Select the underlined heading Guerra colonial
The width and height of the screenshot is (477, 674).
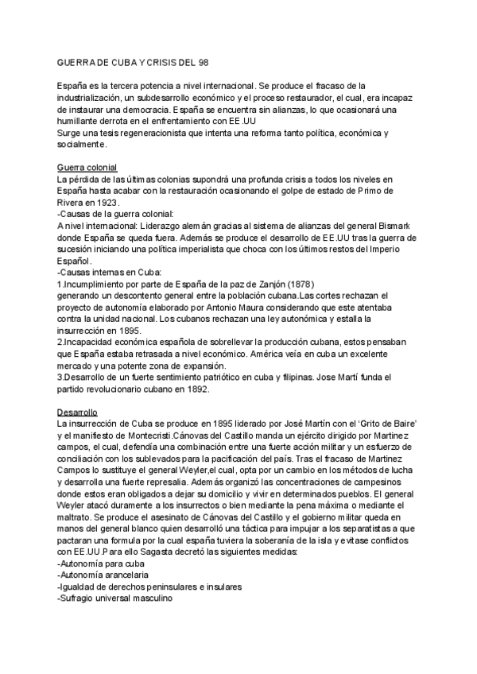point(87,168)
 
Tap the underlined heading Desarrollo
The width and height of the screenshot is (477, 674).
point(76,413)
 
